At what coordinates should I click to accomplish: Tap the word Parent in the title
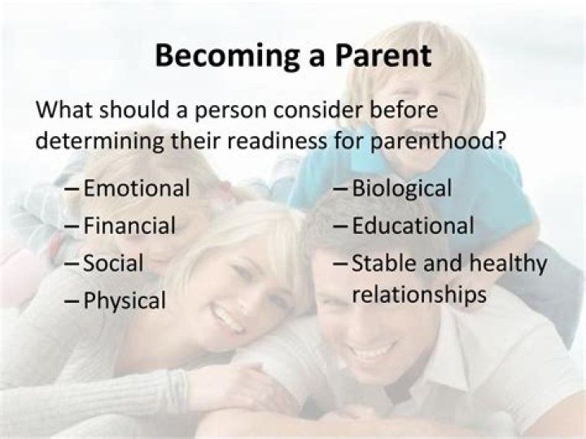tap(374, 55)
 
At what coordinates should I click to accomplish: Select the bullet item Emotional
tap(137, 189)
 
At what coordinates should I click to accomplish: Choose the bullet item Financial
tap(129, 226)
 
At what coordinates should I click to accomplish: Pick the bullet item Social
tap(113, 264)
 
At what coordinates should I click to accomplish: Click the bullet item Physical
tap(125, 301)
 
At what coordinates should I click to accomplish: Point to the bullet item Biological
tap(401, 189)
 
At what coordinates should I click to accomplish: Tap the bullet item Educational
tap(413, 226)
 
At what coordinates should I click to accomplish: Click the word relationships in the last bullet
tap(419, 294)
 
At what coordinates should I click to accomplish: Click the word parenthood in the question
tap(430, 140)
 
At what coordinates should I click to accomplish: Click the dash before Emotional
tap(72, 189)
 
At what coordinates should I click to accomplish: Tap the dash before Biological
tap(341, 189)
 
